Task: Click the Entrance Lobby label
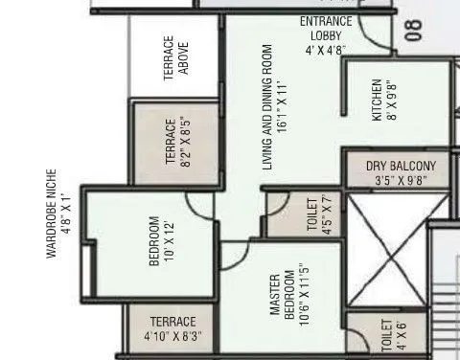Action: coord(326,35)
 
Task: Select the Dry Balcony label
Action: coord(400,171)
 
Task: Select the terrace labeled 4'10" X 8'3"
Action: coord(172,328)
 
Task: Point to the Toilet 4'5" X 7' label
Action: coord(318,214)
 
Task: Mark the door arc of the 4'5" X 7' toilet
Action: coord(277,202)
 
